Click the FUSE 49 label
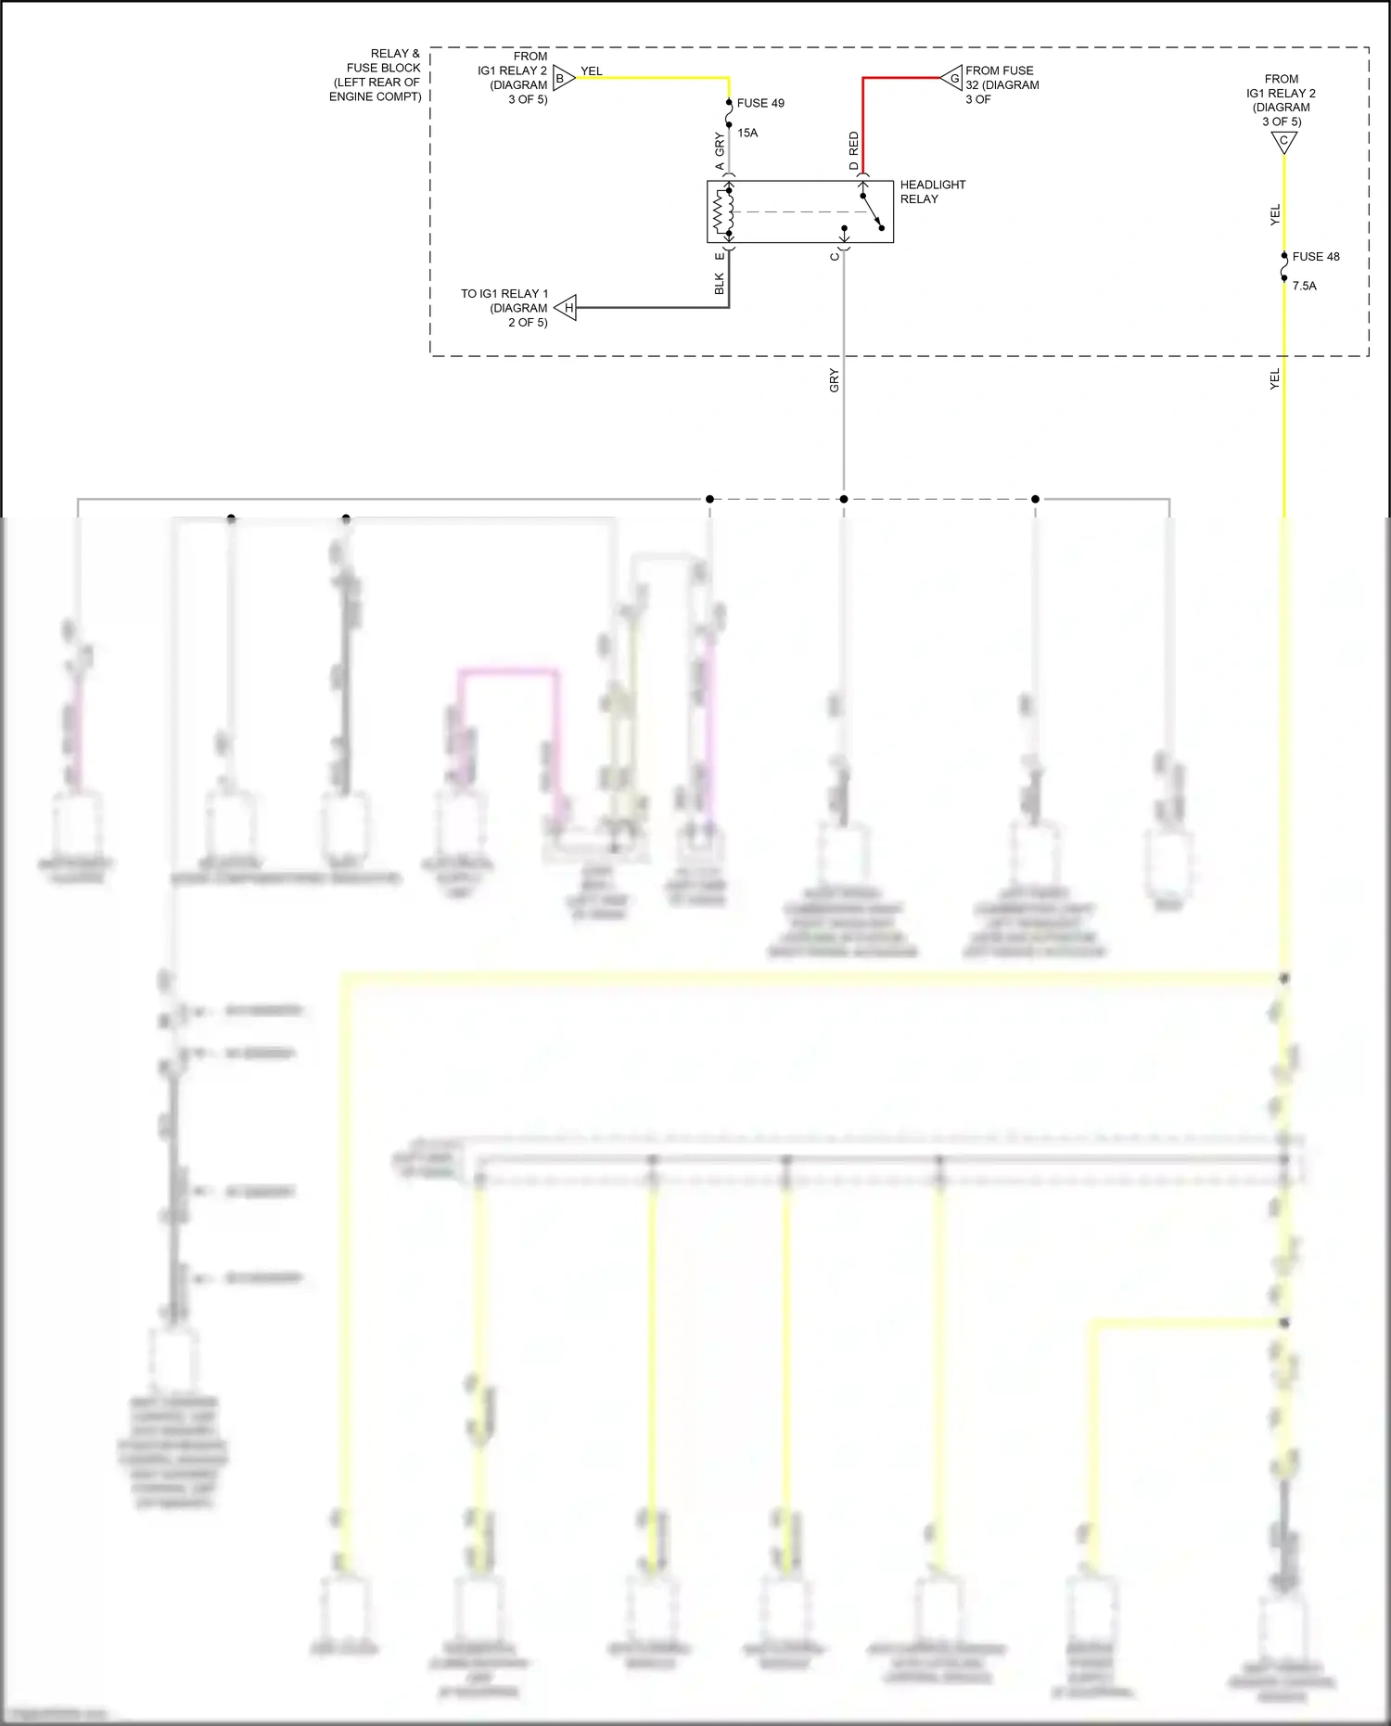click(x=760, y=103)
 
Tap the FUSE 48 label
click(x=1316, y=257)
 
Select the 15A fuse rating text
click(x=747, y=133)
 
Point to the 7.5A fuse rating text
click(x=1305, y=286)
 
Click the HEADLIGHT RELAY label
click(x=932, y=192)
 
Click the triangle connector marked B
click(x=563, y=78)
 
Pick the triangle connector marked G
click(x=952, y=78)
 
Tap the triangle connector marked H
click(x=567, y=307)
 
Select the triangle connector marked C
click(x=1284, y=142)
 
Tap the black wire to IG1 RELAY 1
click(x=649, y=307)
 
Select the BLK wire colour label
click(x=720, y=284)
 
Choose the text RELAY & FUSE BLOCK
click(x=383, y=61)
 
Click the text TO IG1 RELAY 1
click(x=504, y=294)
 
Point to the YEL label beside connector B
click(x=592, y=71)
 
